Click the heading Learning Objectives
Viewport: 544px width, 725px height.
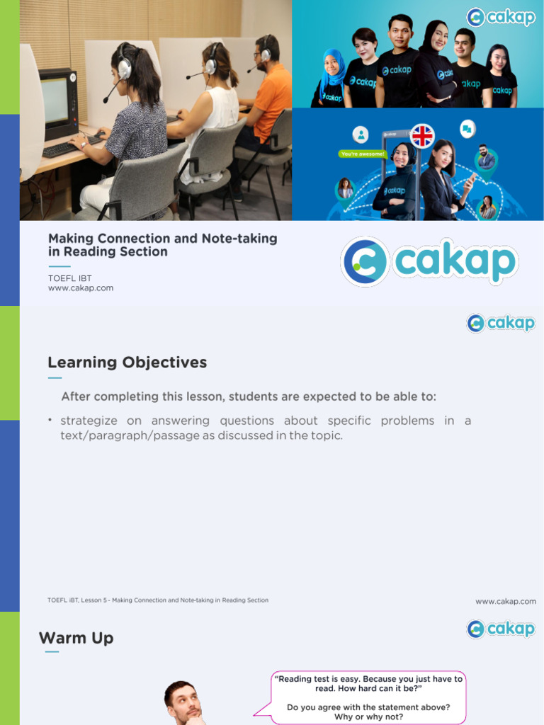pyautogui.click(x=127, y=362)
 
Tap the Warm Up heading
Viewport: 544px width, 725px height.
pyautogui.click(x=76, y=638)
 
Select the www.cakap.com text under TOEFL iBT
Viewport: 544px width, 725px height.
pyautogui.click(x=81, y=288)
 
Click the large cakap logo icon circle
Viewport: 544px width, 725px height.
pyautogui.click(x=365, y=261)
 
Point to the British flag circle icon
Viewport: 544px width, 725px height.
pyautogui.click(x=422, y=135)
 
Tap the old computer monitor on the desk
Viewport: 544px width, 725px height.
pyautogui.click(x=56, y=104)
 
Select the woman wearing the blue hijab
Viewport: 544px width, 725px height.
pyautogui.click(x=330, y=78)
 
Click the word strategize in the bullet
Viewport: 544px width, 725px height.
pyautogui.click(x=89, y=421)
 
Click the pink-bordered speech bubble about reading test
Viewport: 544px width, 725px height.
pyautogui.click(x=368, y=697)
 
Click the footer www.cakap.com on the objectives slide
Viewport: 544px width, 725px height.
pyautogui.click(x=506, y=601)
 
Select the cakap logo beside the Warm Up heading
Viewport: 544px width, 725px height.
pyautogui.click(x=501, y=629)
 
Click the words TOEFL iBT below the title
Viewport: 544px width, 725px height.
pyautogui.click(x=69, y=278)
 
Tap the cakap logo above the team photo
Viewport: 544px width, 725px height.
pyautogui.click(x=501, y=17)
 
